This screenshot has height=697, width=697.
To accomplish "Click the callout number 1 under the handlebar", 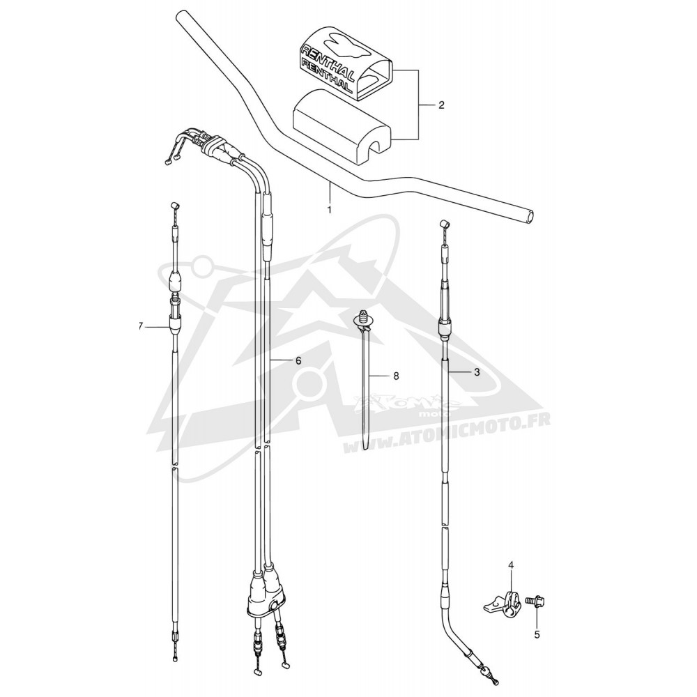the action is pos(329,209).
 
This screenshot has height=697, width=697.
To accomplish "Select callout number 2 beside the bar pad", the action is pos(441,105).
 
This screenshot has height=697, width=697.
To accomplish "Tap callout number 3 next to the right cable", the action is pos(477,372).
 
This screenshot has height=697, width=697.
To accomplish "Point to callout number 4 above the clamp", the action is pos(511,566).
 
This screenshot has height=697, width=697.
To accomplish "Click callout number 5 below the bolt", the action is pos(537,635).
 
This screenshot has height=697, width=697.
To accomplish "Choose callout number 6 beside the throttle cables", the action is pos(298,360).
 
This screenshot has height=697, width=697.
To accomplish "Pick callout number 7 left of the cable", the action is pos(141,327).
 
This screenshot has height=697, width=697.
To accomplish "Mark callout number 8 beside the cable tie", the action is pos(396,376).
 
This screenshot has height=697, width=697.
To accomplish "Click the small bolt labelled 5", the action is pos(535,600).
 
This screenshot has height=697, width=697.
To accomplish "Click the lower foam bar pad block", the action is pos(342,122).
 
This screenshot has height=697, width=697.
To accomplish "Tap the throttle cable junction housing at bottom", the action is pos(263,595).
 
